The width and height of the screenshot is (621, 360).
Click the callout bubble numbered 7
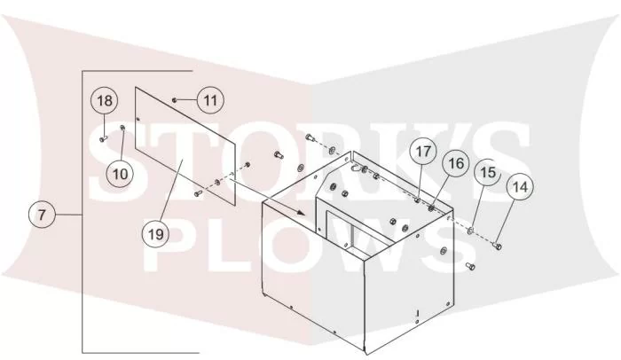point(42,215)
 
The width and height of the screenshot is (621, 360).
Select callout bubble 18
point(105,100)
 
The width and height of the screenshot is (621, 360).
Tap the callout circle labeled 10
point(121,174)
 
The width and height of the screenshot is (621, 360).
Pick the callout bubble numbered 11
point(210,100)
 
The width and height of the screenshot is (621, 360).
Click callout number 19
point(155,234)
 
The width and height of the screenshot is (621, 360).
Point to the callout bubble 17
point(423,151)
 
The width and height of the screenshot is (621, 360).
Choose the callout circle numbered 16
point(456,163)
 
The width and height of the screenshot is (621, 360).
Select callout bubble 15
point(488,172)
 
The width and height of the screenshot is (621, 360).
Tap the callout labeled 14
point(520,186)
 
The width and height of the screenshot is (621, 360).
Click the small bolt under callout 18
point(104,138)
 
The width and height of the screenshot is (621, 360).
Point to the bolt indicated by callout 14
point(498,246)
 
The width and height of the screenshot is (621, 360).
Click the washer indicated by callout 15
point(470,230)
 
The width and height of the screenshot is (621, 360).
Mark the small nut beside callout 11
point(174,100)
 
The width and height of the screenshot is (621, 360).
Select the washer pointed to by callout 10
point(122,127)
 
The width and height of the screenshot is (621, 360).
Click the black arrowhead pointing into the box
point(301,212)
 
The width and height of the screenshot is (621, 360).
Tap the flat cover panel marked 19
point(185,146)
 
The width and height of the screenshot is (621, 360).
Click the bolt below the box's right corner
point(470,266)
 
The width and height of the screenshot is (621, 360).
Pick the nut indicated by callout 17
point(417,200)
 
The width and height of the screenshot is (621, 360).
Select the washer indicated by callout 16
point(431,207)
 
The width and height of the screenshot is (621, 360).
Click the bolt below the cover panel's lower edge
point(199,193)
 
